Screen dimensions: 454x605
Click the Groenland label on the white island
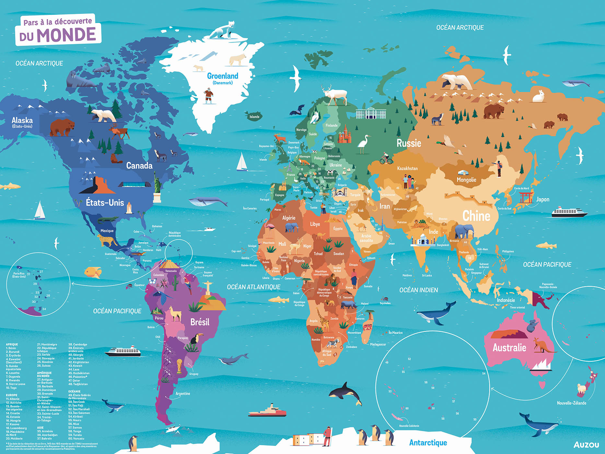223,76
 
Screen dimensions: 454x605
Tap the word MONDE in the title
66,35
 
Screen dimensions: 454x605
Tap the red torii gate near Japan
526,197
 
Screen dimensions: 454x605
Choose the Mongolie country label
466,180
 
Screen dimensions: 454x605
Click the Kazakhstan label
407,168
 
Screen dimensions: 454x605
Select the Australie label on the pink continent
509,348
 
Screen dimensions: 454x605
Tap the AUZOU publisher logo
586,445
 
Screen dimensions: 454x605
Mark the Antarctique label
428,443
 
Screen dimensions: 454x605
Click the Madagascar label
378,344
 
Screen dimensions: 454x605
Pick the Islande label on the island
254,117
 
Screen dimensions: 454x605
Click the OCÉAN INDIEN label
418,290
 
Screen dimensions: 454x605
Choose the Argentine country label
183,393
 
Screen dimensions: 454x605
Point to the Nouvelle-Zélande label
571,403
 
